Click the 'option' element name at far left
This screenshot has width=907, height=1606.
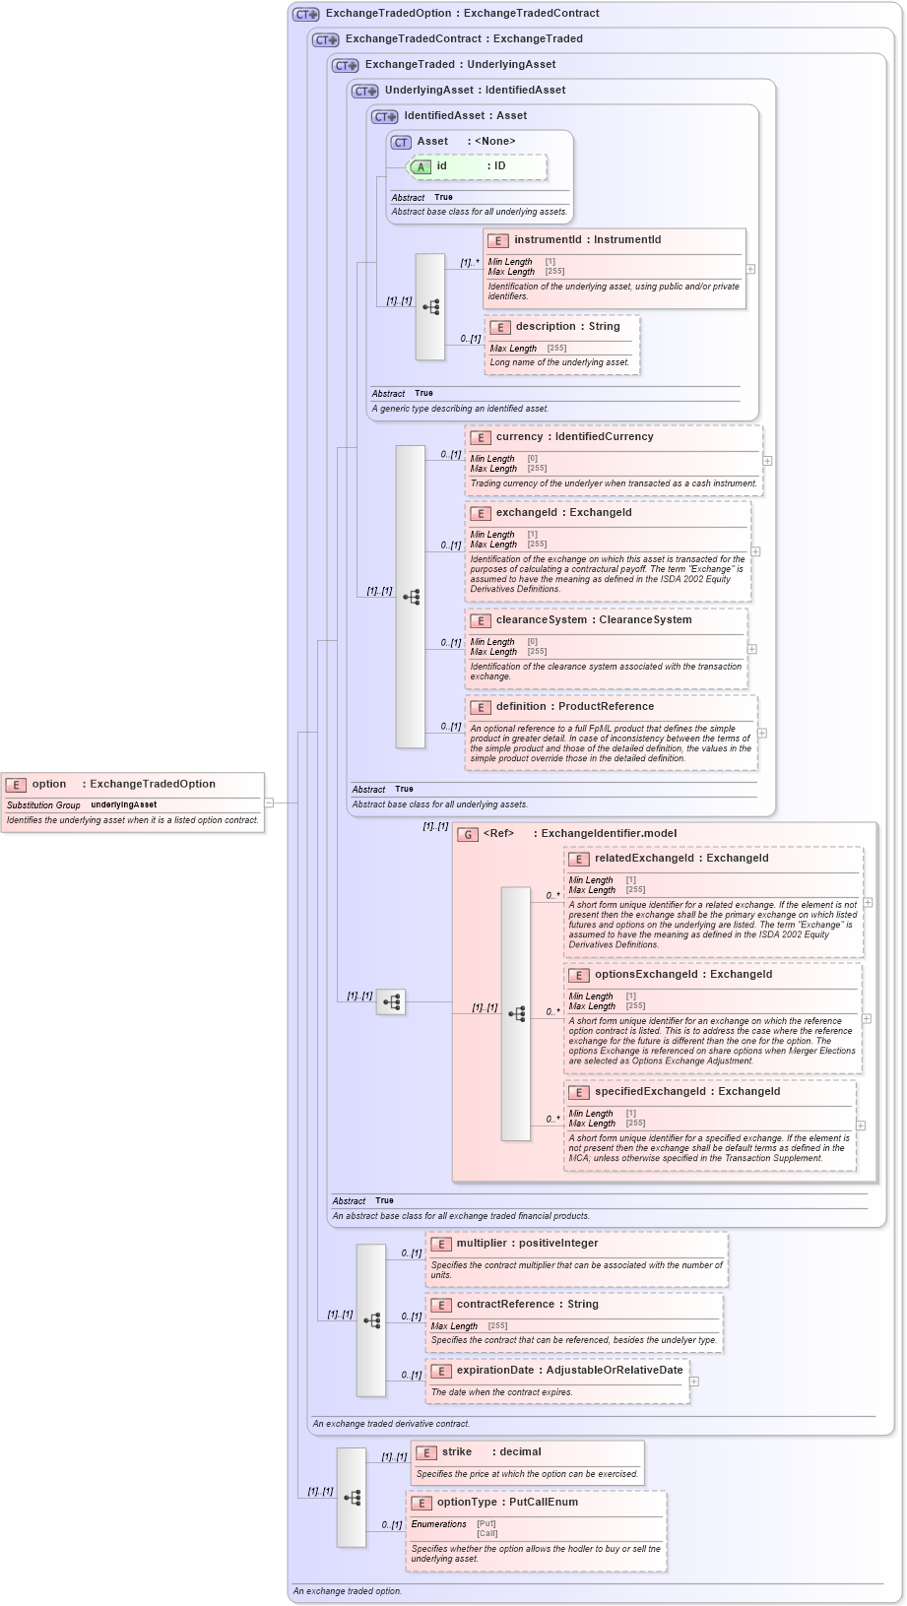click(x=49, y=784)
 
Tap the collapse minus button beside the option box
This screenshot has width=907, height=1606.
click(x=269, y=803)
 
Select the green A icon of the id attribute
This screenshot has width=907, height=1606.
click(x=421, y=166)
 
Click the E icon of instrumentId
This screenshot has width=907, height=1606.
click(x=498, y=240)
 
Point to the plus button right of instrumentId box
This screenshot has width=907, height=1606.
click(x=750, y=269)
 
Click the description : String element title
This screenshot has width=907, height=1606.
click(x=567, y=327)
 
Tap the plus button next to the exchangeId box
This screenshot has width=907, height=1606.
click(x=755, y=551)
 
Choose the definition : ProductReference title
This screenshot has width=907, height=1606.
click(x=574, y=707)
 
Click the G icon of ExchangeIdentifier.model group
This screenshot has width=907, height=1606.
click(x=468, y=834)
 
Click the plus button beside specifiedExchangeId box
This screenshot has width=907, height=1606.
click(x=861, y=1124)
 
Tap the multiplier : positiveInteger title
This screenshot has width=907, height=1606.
click(x=527, y=1244)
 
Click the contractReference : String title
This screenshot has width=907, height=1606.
click(x=527, y=1305)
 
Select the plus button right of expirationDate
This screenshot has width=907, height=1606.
click(x=694, y=1381)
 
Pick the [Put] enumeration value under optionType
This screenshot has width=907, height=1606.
click(x=486, y=1523)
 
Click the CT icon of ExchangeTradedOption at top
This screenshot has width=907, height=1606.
click(x=306, y=14)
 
